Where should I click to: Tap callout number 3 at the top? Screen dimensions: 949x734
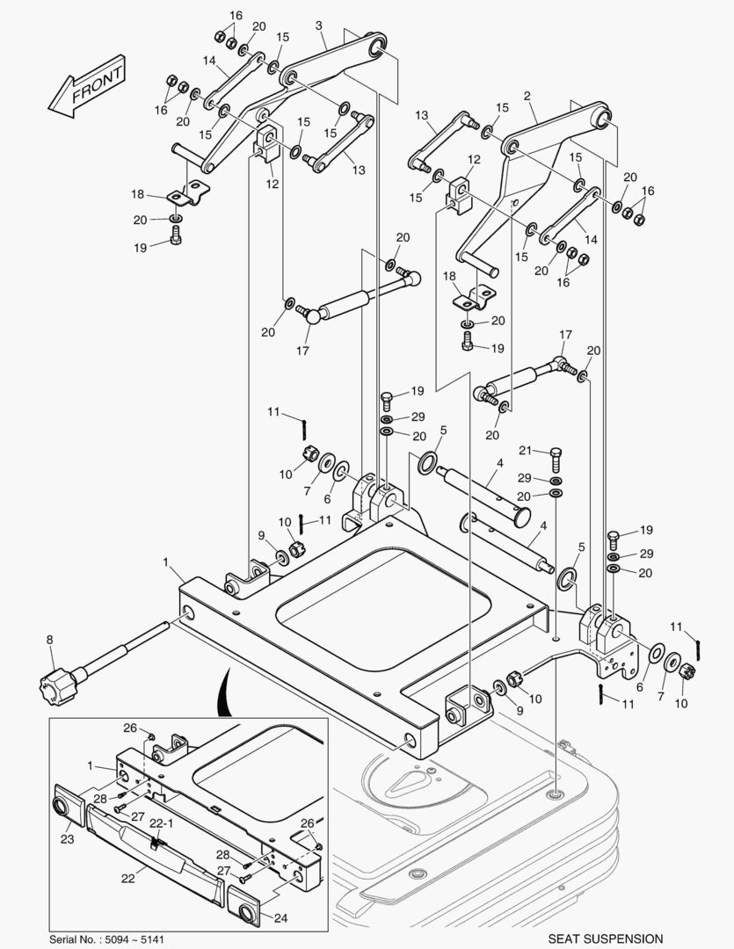coord(320,26)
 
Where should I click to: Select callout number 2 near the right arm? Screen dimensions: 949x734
coord(527,95)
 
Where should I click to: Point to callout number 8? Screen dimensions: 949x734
coord(49,641)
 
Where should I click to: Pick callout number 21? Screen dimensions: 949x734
coord(527,451)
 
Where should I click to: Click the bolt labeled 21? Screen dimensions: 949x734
coord(556,459)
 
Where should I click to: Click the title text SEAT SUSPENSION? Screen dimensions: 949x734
coord(606,939)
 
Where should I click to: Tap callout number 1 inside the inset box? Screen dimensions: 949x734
coord(91,766)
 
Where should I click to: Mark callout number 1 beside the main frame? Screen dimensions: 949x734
coord(165,561)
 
